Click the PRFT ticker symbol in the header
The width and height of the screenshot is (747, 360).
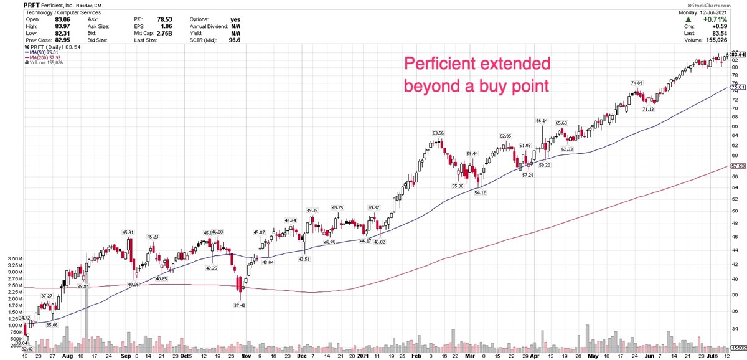pos(12,4)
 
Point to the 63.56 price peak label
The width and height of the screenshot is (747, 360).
pos(438,133)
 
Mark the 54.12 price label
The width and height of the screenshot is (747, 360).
pos(480,193)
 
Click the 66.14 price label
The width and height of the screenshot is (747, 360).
pos(542,121)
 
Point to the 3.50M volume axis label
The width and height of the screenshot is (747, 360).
pos(12,258)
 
